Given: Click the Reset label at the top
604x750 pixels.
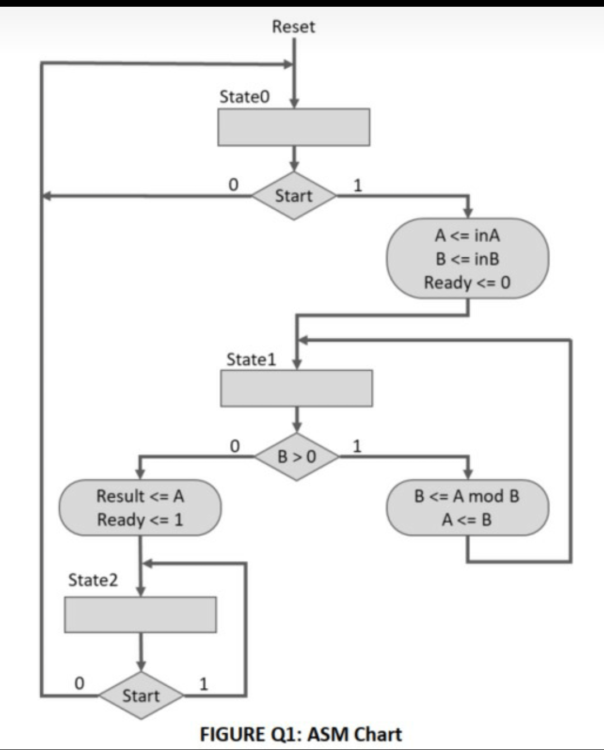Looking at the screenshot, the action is click(x=294, y=27).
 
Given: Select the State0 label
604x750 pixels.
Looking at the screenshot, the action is click(x=244, y=97).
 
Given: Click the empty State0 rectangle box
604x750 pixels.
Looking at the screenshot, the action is click(x=294, y=127).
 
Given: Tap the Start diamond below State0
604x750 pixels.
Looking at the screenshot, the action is click(x=294, y=196).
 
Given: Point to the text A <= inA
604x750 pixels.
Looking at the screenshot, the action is click(x=467, y=235).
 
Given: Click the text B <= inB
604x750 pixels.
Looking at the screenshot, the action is click(x=467, y=259).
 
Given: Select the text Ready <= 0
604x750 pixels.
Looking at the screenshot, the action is click(x=467, y=282).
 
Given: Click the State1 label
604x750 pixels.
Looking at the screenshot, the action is click(x=251, y=359).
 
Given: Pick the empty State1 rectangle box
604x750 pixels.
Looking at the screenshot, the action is click(x=296, y=388).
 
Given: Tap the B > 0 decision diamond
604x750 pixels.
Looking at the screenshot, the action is click(x=296, y=456).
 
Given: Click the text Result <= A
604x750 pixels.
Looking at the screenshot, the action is click(x=140, y=496).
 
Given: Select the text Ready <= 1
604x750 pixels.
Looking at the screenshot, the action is click(x=140, y=520).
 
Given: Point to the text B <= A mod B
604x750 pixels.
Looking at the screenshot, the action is click(x=466, y=496).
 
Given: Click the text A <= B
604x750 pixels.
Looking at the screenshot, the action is click(x=466, y=520).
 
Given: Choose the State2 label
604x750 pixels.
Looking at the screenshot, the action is click(x=93, y=580).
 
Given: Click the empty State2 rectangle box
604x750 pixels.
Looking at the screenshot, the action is click(x=140, y=615).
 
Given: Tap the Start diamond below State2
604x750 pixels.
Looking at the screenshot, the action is click(x=141, y=696).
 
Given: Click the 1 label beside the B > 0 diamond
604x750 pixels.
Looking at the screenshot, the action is click(x=357, y=446).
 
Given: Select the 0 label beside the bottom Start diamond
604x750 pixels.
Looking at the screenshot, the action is click(x=79, y=683).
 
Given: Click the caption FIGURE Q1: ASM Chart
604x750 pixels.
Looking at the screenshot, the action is click(x=301, y=734).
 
